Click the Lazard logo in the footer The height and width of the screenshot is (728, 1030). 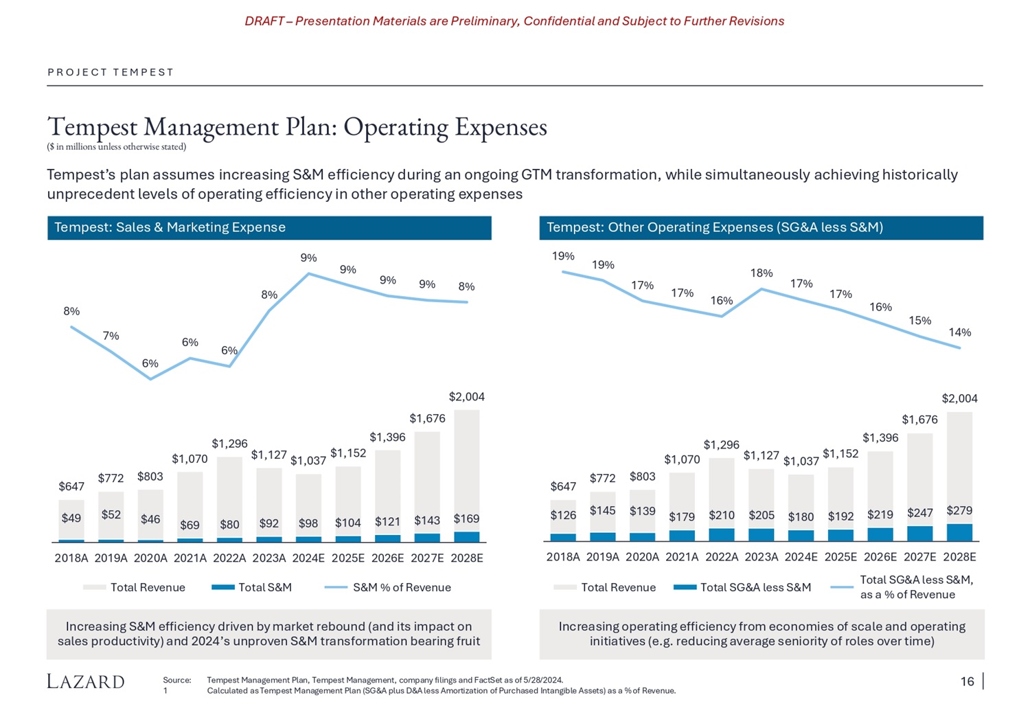tap(86, 681)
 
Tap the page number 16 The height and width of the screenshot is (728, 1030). tap(967, 681)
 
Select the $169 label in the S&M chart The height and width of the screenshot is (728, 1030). tap(466, 519)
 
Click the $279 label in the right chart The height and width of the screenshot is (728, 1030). tap(959, 510)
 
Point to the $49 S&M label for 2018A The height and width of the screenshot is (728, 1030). tap(71, 518)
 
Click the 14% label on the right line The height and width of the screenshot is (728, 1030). tap(959, 332)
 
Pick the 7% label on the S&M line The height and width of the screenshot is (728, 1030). tap(111, 336)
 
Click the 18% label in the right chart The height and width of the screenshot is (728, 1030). tap(762, 273)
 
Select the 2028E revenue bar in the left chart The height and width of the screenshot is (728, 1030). tap(467, 470)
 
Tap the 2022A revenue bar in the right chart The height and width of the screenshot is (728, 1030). tap(722, 493)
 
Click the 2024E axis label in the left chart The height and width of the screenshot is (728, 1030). tap(308, 558)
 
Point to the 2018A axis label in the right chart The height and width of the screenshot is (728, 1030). tap(563, 557)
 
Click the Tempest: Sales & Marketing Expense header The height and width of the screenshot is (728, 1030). tap(170, 227)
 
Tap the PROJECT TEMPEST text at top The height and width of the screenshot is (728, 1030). tap(111, 72)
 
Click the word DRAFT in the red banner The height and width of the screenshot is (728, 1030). tap(264, 21)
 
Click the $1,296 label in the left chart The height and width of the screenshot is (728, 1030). tap(229, 444)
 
